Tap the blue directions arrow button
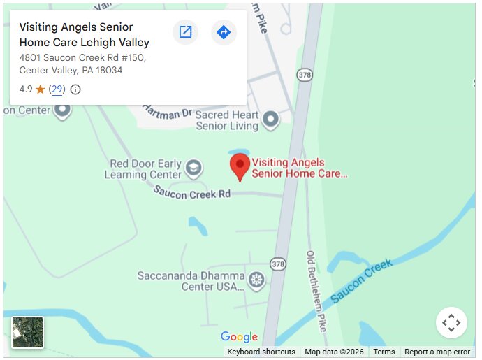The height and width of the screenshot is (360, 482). [224, 32]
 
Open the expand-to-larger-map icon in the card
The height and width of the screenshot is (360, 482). [185, 32]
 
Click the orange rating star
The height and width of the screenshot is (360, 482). [41, 89]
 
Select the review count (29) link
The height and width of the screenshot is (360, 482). [57, 89]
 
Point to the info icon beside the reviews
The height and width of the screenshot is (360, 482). [75, 89]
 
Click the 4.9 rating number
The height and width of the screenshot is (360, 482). [26, 89]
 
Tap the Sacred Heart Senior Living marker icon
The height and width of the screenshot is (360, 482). [270, 120]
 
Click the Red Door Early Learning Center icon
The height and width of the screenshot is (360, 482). [193, 168]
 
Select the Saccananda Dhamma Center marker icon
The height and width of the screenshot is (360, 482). [257, 281]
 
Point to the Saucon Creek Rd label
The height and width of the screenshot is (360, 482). [192, 192]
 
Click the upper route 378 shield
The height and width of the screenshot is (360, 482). [304, 73]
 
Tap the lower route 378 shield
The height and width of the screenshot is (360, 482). [278, 264]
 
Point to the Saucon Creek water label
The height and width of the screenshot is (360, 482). [361, 280]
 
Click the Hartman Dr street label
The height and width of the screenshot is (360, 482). [168, 112]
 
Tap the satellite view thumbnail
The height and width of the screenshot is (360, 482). [27, 332]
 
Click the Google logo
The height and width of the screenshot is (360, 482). [239, 338]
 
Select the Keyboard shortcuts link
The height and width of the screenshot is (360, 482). [261, 352]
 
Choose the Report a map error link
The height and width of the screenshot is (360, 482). [437, 352]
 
